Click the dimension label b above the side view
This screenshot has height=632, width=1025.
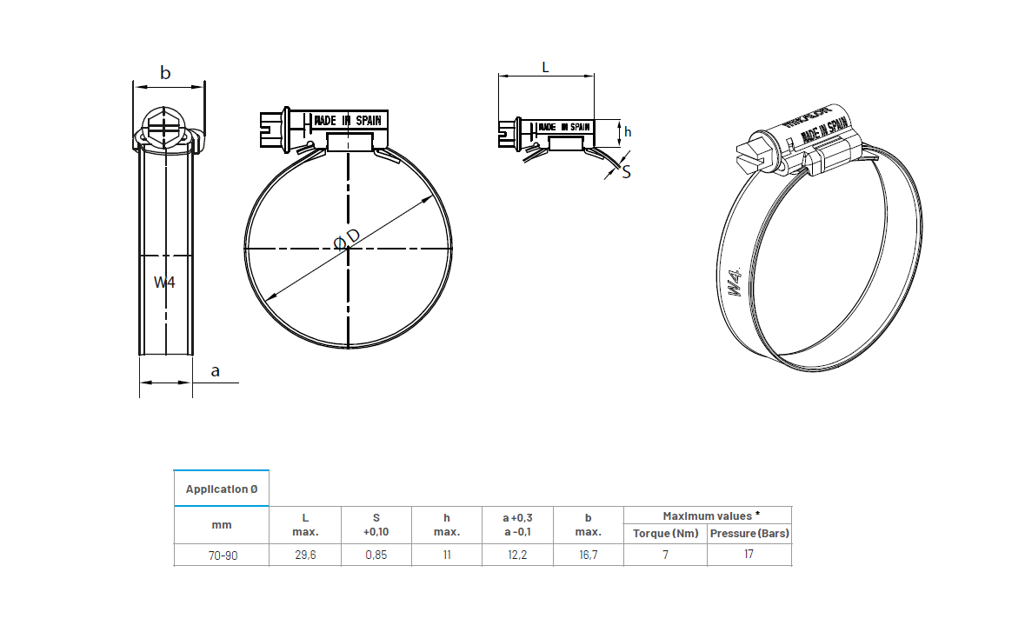click(x=165, y=73)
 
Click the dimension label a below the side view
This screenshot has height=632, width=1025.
click(x=216, y=371)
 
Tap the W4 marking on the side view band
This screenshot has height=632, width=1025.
click(x=164, y=282)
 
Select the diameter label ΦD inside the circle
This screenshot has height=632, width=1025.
click(x=348, y=240)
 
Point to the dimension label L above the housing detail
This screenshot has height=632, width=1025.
click(x=545, y=66)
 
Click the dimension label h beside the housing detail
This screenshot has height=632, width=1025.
click(x=628, y=131)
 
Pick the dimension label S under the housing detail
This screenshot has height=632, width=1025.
click(x=626, y=172)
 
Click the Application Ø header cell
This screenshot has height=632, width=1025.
click(x=222, y=489)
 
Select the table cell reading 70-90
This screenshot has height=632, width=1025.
click(x=222, y=555)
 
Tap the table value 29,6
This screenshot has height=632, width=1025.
click(x=305, y=555)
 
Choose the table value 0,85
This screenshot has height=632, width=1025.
click(x=376, y=555)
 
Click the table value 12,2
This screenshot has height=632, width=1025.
click(x=517, y=555)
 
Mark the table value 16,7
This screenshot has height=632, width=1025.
click(x=588, y=555)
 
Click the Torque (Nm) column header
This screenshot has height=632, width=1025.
click(x=665, y=533)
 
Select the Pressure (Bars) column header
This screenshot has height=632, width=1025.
click(x=749, y=533)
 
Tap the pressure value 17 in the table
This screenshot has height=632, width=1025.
click(x=749, y=555)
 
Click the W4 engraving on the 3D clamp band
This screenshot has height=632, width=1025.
click(x=735, y=282)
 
